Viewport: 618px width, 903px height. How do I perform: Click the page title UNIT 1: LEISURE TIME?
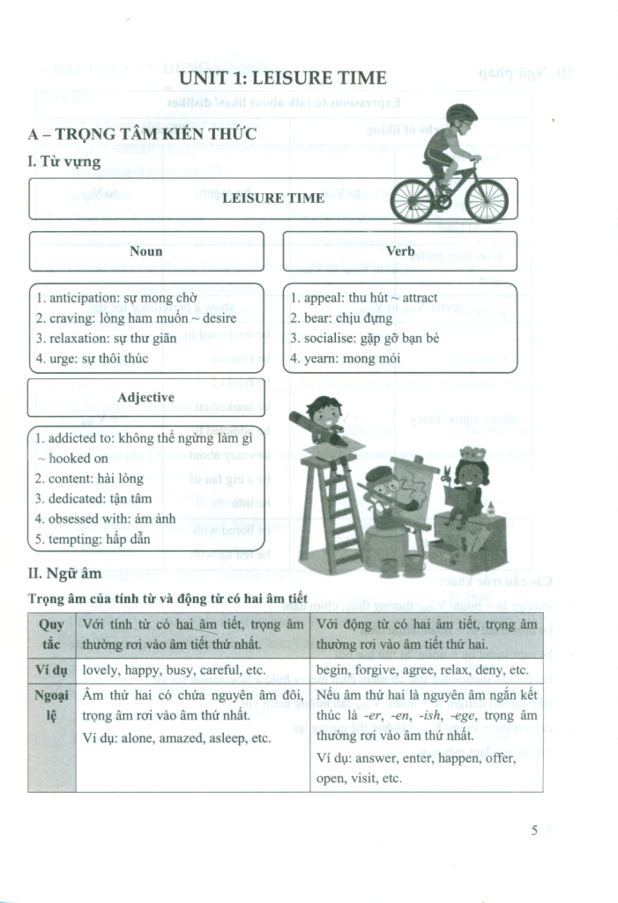[282, 78]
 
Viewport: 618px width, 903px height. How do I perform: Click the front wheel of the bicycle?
[488, 201]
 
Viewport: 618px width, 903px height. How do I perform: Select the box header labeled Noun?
[145, 251]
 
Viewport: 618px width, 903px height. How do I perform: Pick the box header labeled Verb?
[399, 251]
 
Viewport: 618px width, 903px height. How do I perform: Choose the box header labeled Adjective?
[145, 398]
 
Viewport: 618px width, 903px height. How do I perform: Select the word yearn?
[321, 358]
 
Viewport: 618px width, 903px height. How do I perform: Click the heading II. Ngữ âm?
[65, 574]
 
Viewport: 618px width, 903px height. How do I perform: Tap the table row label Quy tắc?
[52, 633]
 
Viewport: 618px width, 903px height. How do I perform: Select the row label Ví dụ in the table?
[52, 669]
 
